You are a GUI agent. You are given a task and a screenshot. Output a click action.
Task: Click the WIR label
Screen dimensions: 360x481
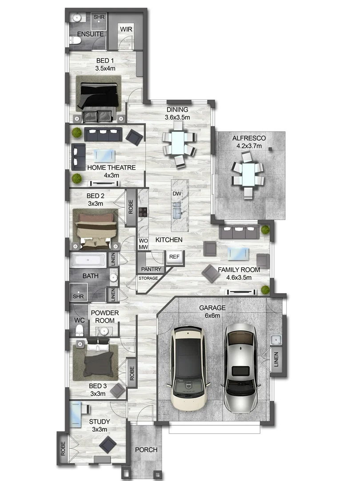click(x=126, y=29)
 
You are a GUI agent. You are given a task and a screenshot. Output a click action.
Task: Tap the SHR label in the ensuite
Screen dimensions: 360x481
click(x=99, y=17)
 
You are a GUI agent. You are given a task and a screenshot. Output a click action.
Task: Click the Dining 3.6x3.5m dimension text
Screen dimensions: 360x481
click(x=177, y=117)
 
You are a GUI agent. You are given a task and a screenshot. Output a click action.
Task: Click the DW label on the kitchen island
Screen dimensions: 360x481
click(x=177, y=194)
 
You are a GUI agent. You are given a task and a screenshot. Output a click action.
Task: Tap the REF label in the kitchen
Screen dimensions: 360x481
click(x=175, y=257)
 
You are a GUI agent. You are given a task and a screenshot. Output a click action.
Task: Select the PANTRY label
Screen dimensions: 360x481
click(x=151, y=269)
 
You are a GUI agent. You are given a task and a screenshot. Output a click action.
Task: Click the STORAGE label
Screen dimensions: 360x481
click(x=148, y=278)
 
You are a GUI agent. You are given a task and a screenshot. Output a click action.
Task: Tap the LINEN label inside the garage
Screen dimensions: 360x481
click(x=276, y=359)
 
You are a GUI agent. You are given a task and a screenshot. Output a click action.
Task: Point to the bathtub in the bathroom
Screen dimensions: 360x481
click(x=88, y=260)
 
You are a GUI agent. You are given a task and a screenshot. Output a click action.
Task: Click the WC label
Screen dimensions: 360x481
click(x=79, y=320)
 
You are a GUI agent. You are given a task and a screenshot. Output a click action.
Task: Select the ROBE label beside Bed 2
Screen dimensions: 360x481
click(x=131, y=208)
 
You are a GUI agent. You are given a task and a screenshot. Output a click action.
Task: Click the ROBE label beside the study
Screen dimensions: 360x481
click(x=63, y=448)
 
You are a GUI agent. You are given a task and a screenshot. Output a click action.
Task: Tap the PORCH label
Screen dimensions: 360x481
click(x=146, y=450)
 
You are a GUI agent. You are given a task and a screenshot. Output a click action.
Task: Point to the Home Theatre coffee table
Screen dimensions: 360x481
click(x=104, y=155)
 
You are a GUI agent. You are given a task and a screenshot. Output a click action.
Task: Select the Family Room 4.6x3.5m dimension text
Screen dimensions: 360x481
click(x=239, y=277)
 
